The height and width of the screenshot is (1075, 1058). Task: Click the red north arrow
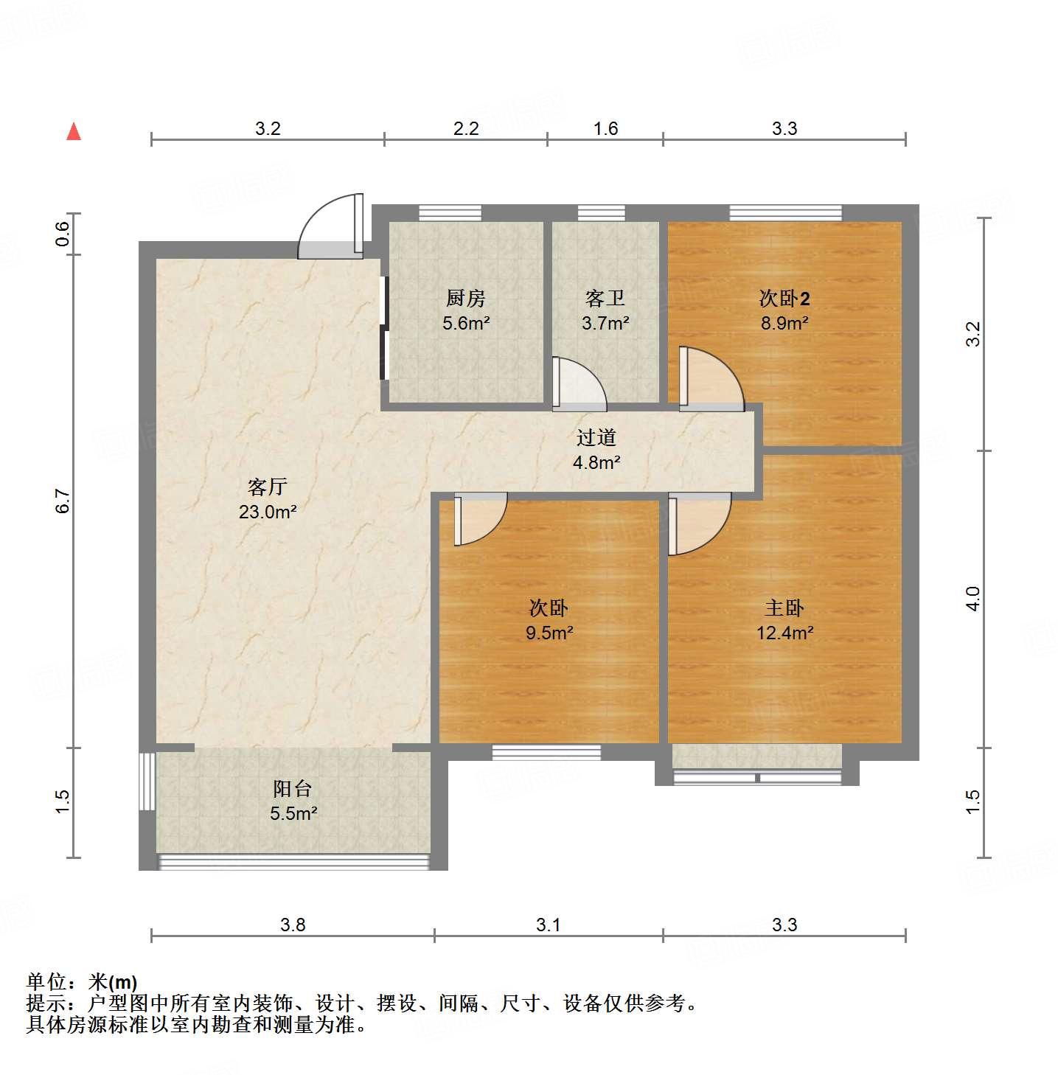pyautogui.click(x=74, y=131)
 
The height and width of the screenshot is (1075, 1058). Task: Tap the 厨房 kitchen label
pyautogui.click(x=466, y=298)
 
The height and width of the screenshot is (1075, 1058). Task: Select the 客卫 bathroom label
pyautogui.click(x=605, y=298)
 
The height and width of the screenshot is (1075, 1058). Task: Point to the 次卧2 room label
pyautogui.click(x=784, y=298)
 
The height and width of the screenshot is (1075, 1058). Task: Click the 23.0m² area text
pyautogui.click(x=268, y=512)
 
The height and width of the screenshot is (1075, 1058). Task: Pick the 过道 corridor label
pyautogui.click(x=596, y=437)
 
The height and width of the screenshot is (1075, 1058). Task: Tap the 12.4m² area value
pyautogui.click(x=784, y=633)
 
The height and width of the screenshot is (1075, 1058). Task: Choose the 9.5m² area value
pyautogui.click(x=549, y=633)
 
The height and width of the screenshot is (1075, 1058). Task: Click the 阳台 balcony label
pyautogui.click(x=293, y=788)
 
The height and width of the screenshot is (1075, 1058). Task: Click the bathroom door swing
pyautogui.click(x=578, y=383)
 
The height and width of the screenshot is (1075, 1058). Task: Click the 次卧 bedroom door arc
pyautogui.click(x=479, y=520)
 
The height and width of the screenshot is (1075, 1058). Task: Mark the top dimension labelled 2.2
pyautogui.click(x=466, y=129)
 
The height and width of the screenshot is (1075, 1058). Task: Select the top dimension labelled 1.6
pyautogui.click(x=605, y=129)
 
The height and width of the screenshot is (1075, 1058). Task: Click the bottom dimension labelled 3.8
pyautogui.click(x=293, y=925)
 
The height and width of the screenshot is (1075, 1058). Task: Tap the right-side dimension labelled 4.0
pyautogui.click(x=973, y=598)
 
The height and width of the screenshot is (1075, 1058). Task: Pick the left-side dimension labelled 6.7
pyautogui.click(x=63, y=501)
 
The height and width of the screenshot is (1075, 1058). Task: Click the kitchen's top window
pyautogui.click(x=450, y=213)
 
